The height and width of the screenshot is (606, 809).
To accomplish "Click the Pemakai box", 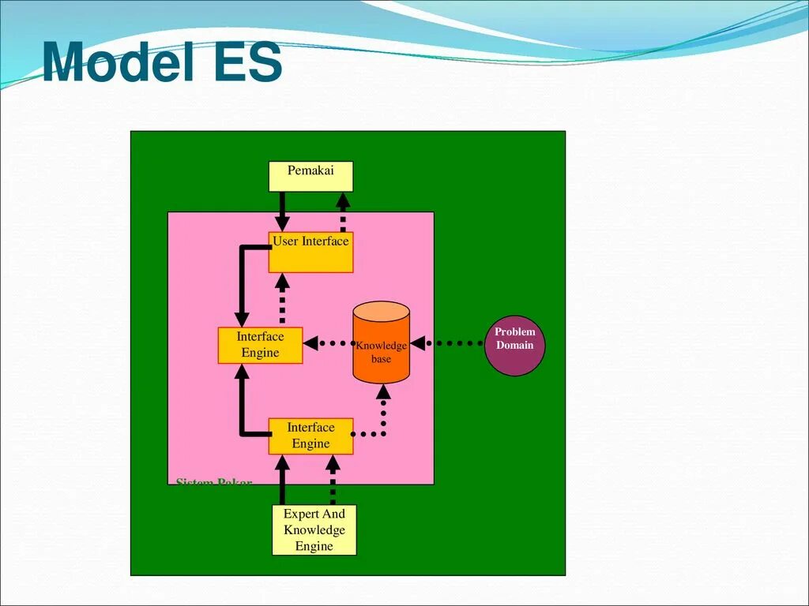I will coord(310,177).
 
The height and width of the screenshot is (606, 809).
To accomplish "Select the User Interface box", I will coord(310,252).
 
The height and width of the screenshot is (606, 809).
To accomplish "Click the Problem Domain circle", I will coord(514,345).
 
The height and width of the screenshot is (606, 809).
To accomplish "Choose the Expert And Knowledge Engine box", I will coord(314,529).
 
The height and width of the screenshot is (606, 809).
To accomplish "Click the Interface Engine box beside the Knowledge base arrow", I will coord(260,345).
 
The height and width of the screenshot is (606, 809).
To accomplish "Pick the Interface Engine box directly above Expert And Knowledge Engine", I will coord(310,436).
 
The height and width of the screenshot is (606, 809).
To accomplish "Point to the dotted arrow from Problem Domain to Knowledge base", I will coord(447,343).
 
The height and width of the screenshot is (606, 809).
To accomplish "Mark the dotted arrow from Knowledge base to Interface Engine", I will coord(328,343).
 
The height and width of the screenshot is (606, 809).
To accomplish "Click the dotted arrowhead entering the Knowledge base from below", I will coord(382,392).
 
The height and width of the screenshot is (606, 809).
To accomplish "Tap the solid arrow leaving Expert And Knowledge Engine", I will coord(282,480).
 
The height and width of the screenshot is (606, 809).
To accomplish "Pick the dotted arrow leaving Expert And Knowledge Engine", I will coord(333,480).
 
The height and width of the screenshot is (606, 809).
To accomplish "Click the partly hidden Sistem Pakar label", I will coord(213,481).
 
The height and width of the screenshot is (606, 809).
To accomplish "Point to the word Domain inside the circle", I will coord(514,346).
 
